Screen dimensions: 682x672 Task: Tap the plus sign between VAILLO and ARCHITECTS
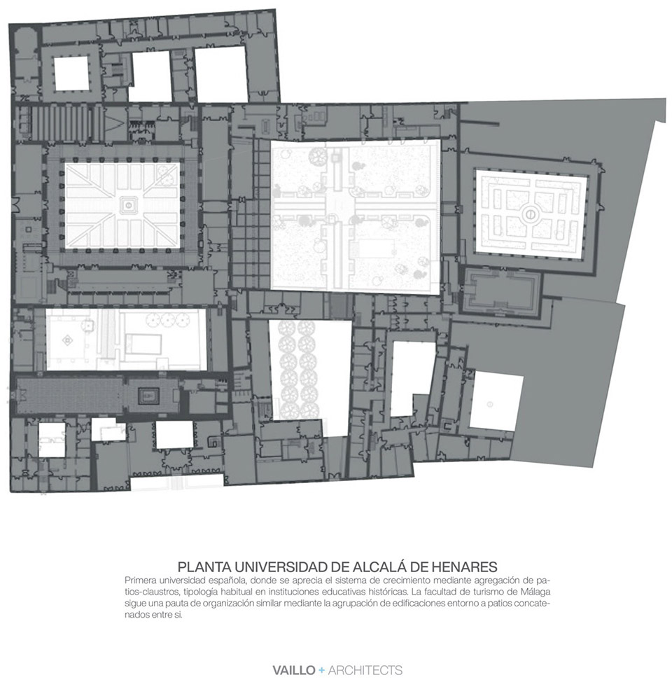click(x=320, y=669)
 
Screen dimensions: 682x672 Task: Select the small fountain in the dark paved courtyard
click(x=149, y=396)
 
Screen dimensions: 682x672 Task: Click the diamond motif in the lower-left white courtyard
click(x=68, y=340)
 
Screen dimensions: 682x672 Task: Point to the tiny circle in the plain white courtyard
click(x=490, y=403)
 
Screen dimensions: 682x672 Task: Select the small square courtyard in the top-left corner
click(x=71, y=74)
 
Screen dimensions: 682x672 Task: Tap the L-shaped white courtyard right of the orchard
click(x=411, y=376)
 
